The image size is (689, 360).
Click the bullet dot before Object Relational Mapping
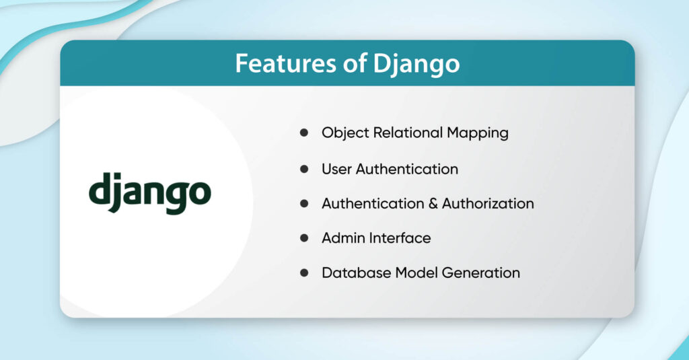click(x=304, y=133)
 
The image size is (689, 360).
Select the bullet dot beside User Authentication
click(x=304, y=168)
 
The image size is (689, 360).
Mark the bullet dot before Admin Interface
click(x=304, y=238)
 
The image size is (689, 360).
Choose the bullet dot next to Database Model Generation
click(x=304, y=273)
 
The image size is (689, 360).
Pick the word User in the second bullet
click(x=336, y=168)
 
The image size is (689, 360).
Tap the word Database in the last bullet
click(x=353, y=273)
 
